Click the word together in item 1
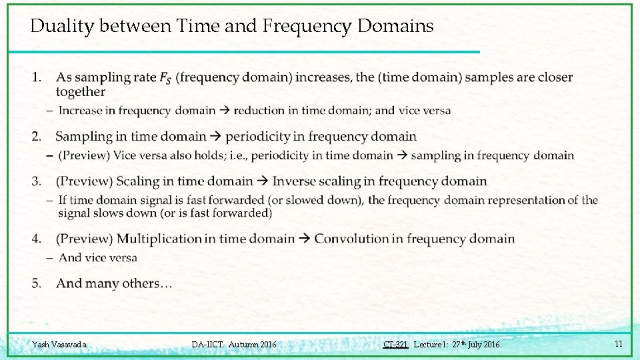click(x=81, y=92)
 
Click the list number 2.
click(x=37, y=137)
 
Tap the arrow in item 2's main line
click(x=215, y=137)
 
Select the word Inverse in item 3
click(x=295, y=181)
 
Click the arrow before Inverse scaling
click(x=262, y=181)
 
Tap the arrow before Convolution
click(x=305, y=239)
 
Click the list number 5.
click(x=37, y=284)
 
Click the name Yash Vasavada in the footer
click(x=59, y=345)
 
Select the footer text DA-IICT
click(x=207, y=345)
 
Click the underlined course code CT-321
click(x=395, y=345)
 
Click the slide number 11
click(x=619, y=344)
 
